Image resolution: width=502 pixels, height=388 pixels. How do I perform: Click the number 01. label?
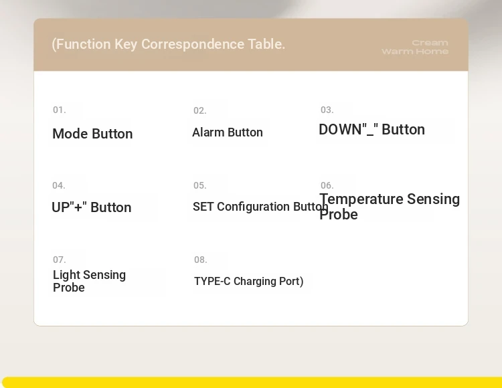[x=59, y=110]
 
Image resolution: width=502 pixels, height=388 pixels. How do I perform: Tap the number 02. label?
[x=199, y=110]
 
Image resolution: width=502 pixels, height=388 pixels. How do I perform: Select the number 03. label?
[x=327, y=110]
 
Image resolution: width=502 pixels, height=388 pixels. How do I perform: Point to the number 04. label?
[x=59, y=185]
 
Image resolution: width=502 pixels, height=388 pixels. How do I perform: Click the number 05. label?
[x=199, y=185]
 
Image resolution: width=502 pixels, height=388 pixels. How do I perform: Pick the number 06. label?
[x=327, y=185]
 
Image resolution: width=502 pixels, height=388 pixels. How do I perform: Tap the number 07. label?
[x=59, y=260]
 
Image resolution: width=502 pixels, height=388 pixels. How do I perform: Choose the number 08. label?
[x=200, y=260]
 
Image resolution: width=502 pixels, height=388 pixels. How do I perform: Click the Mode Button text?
[x=92, y=134]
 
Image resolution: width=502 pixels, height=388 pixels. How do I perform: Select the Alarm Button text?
[x=228, y=132]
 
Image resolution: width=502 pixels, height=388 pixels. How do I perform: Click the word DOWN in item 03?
[x=340, y=130]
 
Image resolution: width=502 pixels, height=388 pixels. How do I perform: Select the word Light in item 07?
[x=66, y=276]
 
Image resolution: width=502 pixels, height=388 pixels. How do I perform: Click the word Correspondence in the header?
[x=193, y=44]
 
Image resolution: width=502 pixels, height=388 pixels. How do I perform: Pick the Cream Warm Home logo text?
[x=415, y=47]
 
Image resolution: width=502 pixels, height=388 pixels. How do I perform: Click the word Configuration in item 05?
[x=253, y=207]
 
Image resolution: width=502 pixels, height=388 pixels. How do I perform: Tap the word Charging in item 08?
[x=254, y=282]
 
